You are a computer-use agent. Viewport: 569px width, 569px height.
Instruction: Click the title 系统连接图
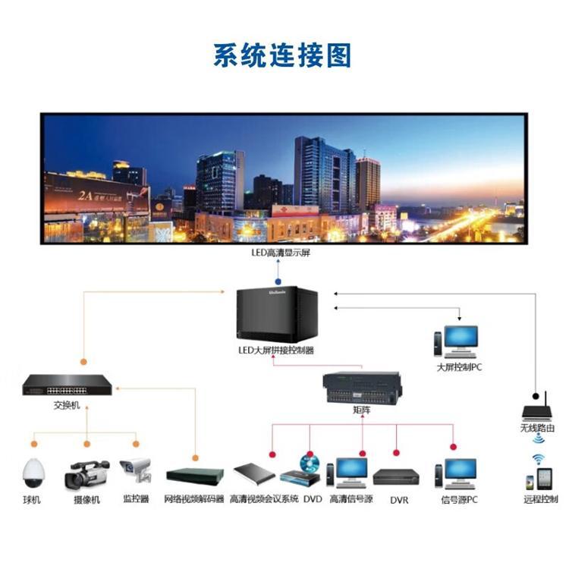click(x=282, y=55)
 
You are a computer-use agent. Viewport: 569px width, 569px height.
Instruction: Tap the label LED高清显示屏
click(x=280, y=253)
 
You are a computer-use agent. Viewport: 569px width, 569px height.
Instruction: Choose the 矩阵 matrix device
click(x=361, y=388)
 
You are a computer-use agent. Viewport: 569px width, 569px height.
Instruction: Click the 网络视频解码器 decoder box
click(x=195, y=476)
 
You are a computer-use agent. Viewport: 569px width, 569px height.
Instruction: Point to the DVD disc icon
click(x=310, y=462)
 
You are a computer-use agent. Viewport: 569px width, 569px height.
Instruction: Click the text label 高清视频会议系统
click(x=264, y=500)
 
